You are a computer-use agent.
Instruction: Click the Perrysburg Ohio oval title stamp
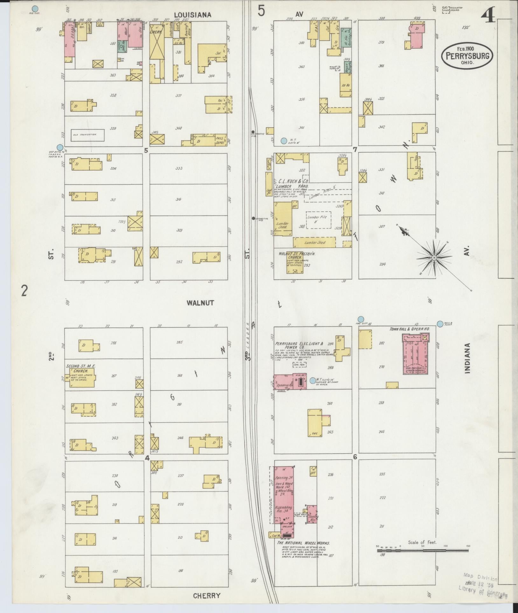(467, 56)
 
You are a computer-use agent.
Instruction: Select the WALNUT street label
(200, 303)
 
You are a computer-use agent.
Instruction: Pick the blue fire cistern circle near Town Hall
(360, 319)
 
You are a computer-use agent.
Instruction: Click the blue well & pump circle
(440, 324)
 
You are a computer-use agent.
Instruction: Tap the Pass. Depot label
(219, 139)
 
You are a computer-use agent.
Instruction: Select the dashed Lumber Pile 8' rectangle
(318, 220)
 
